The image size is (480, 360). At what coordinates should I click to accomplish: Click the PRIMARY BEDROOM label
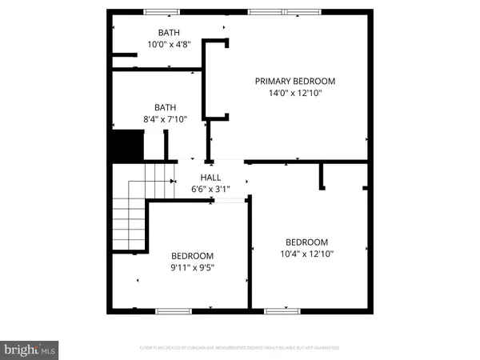pyautogui.click(x=294, y=81)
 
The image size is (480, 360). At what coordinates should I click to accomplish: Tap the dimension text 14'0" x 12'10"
pyautogui.click(x=294, y=93)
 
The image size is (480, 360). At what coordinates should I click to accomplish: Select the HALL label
pyautogui.click(x=210, y=178)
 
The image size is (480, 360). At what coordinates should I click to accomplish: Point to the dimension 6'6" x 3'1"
pyautogui.click(x=210, y=190)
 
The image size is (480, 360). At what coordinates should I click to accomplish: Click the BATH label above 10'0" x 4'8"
pyautogui.click(x=169, y=33)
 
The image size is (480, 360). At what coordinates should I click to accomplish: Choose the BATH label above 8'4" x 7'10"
pyautogui.click(x=165, y=107)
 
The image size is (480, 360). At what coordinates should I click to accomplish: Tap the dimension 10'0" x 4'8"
pyautogui.click(x=169, y=45)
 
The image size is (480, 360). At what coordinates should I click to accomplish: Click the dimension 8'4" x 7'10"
pyautogui.click(x=165, y=120)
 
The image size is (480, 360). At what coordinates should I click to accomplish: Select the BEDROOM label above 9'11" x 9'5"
pyautogui.click(x=192, y=255)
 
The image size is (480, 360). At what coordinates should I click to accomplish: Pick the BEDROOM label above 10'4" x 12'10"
pyautogui.click(x=307, y=242)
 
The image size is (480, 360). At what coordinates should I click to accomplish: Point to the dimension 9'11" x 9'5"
pyautogui.click(x=192, y=267)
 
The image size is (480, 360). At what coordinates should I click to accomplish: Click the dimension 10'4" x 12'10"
pyautogui.click(x=307, y=254)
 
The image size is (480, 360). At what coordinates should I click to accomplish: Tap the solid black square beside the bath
pyautogui.click(x=125, y=146)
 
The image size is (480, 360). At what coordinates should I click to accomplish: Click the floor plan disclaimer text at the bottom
pyautogui.click(x=239, y=348)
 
